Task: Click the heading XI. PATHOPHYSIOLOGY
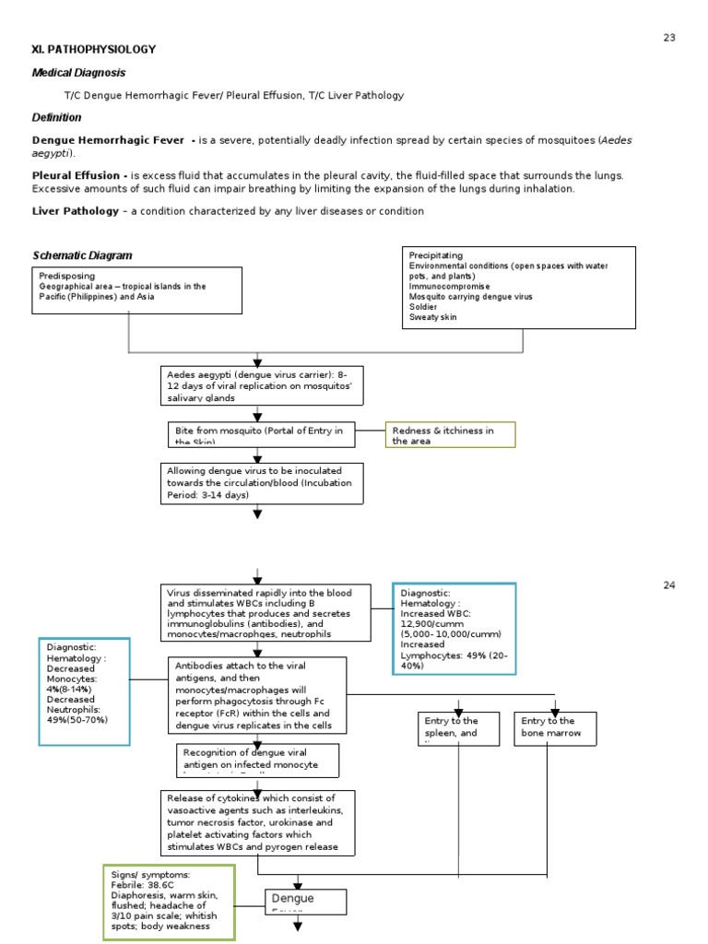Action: (94, 49)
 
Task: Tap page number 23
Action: (669, 37)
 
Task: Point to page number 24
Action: (669, 585)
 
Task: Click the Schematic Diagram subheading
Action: (82, 255)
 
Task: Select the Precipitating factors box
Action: (519, 287)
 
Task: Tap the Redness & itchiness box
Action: (450, 435)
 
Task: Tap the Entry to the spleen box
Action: (458, 728)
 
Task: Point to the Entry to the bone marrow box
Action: (555, 728)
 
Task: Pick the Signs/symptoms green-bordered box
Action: (169, 901)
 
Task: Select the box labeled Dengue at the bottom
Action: (305, 902)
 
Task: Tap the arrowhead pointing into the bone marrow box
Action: (555, 707)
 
